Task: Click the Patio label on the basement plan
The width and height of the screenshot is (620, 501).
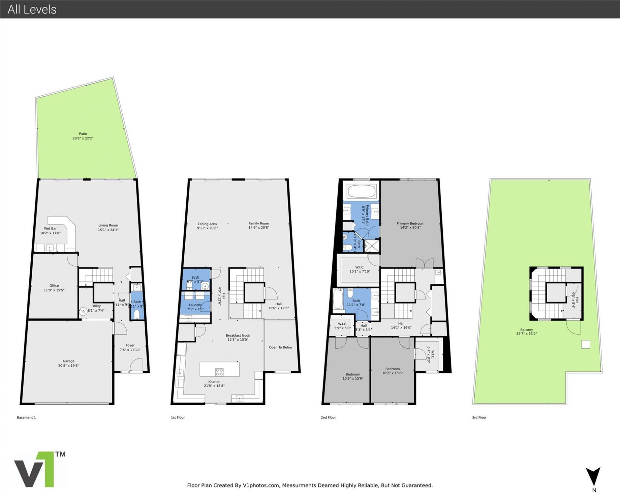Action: (x=83, y=134)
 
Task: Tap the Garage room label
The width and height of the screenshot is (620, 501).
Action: (x=68, y=361)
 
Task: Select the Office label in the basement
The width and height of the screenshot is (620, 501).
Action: (x=54, y=285)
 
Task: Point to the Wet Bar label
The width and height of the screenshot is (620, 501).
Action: (x=50, y=229)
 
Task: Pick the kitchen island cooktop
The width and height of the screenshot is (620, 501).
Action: (x=220, y=372)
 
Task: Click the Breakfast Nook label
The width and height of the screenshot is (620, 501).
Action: (x=238, y=335)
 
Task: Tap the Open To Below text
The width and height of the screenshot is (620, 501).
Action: (x=280, y=347)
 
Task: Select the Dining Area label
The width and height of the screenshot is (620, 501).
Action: (x=207, y=224)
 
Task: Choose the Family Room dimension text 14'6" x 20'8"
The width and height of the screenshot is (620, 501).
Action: (x=259, y=228)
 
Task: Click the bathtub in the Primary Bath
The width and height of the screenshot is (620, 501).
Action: (x=361, y=191)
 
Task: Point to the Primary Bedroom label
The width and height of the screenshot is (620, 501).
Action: (x=410, y=223)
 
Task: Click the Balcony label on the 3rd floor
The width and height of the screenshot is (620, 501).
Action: (x=526, y=330)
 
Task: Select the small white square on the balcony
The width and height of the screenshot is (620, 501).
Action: (x=585, y=344)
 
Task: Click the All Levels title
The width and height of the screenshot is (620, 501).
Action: (x=32, y=9)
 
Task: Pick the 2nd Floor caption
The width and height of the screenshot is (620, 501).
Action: (x=328, y=417)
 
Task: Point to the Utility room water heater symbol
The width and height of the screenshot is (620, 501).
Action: (x=83, y=311)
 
